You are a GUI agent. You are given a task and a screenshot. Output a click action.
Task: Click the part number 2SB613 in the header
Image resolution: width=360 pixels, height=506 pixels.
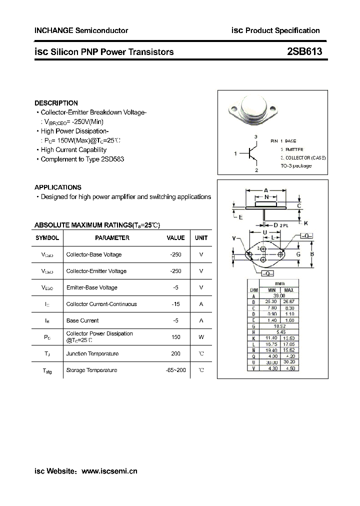coord(304,51)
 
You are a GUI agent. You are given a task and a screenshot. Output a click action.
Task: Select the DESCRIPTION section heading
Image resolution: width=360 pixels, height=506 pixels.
coord(56,103)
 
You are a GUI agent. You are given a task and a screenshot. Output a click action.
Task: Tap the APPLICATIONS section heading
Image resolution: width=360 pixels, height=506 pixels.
coord(58,187)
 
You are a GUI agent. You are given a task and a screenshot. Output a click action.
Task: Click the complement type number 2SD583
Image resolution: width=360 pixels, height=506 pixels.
coord(112,159)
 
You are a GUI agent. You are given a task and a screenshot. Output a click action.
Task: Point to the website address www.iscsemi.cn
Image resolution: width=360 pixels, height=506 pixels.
coord(109,471)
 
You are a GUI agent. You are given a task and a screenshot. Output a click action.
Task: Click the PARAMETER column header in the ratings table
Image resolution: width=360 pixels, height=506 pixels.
coord(112,238)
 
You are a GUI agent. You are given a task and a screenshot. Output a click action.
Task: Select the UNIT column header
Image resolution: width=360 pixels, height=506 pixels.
coord(201,238)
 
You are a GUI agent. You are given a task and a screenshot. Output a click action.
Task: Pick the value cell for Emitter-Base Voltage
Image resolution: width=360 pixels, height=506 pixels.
coord(175,287)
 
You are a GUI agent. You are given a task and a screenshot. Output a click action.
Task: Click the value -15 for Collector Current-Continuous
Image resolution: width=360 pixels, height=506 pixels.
coord(175,304)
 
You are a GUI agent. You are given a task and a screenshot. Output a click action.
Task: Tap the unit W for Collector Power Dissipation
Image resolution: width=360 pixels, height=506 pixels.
coord(201,337)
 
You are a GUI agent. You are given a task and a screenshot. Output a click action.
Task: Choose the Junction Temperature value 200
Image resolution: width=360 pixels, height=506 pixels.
coord(175,353)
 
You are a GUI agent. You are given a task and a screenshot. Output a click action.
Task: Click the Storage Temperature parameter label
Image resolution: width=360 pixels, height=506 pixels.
coord(91,370)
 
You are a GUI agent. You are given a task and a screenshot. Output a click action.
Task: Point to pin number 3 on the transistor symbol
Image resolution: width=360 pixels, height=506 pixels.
coord(255,136)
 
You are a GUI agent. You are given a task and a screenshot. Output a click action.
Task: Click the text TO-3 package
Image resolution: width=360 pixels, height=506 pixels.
coord(296,165)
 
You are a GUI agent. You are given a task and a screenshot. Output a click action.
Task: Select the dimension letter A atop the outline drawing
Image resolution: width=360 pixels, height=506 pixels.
coord(266,190)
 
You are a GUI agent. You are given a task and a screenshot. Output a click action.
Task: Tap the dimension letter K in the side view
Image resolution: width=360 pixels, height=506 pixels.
coord(306,223)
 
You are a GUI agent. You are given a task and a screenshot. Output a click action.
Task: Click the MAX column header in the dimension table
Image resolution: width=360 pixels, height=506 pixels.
coord(288,290)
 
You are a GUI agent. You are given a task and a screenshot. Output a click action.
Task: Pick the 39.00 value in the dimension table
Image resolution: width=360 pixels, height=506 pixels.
coord(279,296)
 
